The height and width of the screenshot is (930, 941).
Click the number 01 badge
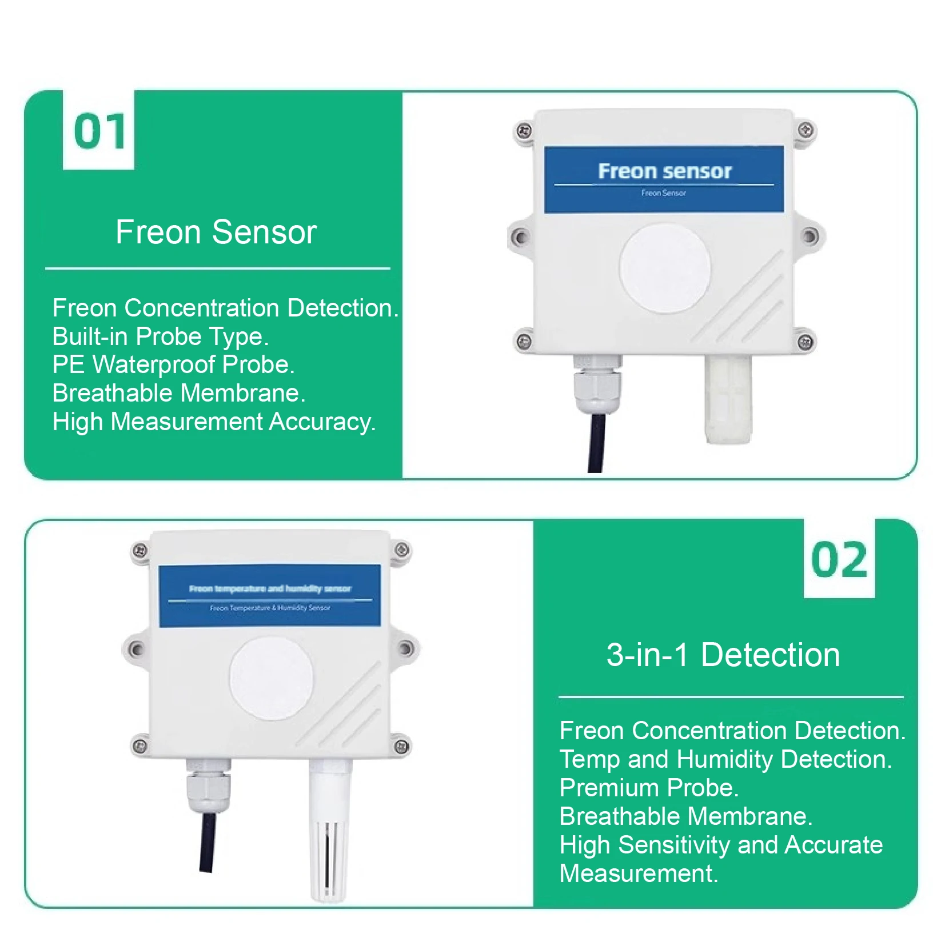98,131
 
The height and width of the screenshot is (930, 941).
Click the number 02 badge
839,559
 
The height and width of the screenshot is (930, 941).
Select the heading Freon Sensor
216,232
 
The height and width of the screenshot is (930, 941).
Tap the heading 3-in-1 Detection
723,655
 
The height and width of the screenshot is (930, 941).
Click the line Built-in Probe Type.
160,336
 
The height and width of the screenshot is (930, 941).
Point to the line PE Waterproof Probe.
173,364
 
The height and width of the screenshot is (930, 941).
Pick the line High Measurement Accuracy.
214,422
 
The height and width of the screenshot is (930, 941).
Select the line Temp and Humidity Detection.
725,759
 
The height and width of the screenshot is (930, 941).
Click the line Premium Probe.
649,788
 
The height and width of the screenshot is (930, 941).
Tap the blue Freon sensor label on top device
664,179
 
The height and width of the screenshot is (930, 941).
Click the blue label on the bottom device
270,596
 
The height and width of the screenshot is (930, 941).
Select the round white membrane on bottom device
272,678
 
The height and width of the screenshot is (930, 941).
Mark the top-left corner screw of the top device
523,131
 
